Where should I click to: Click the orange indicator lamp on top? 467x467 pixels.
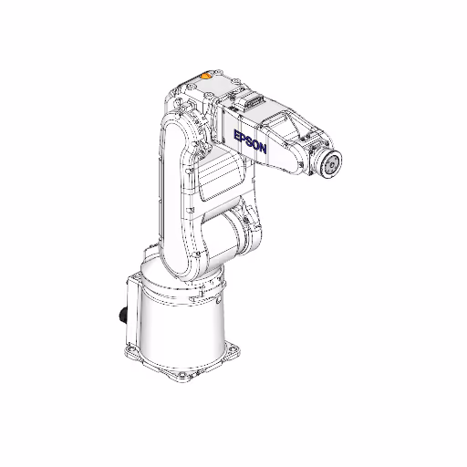tap(206, 78)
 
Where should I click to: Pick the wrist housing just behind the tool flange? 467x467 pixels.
tap(306, 155)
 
